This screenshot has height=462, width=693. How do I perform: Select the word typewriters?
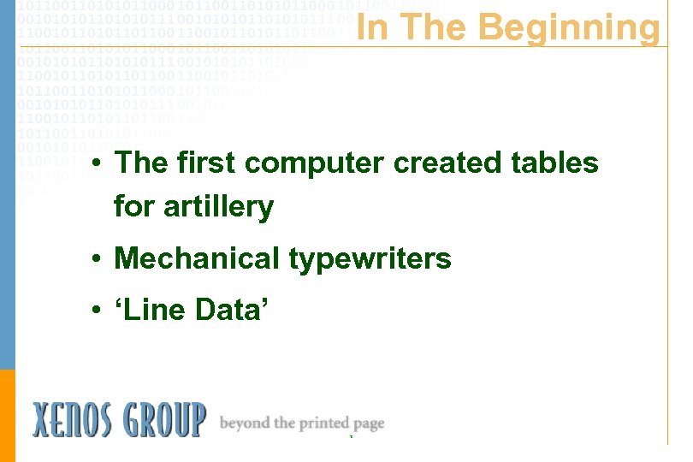pos(370,258)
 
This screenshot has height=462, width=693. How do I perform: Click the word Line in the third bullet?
pos(152,309)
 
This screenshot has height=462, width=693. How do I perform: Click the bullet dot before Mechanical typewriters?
pos(99,258)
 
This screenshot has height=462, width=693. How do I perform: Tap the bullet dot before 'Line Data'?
pos(99,310)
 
